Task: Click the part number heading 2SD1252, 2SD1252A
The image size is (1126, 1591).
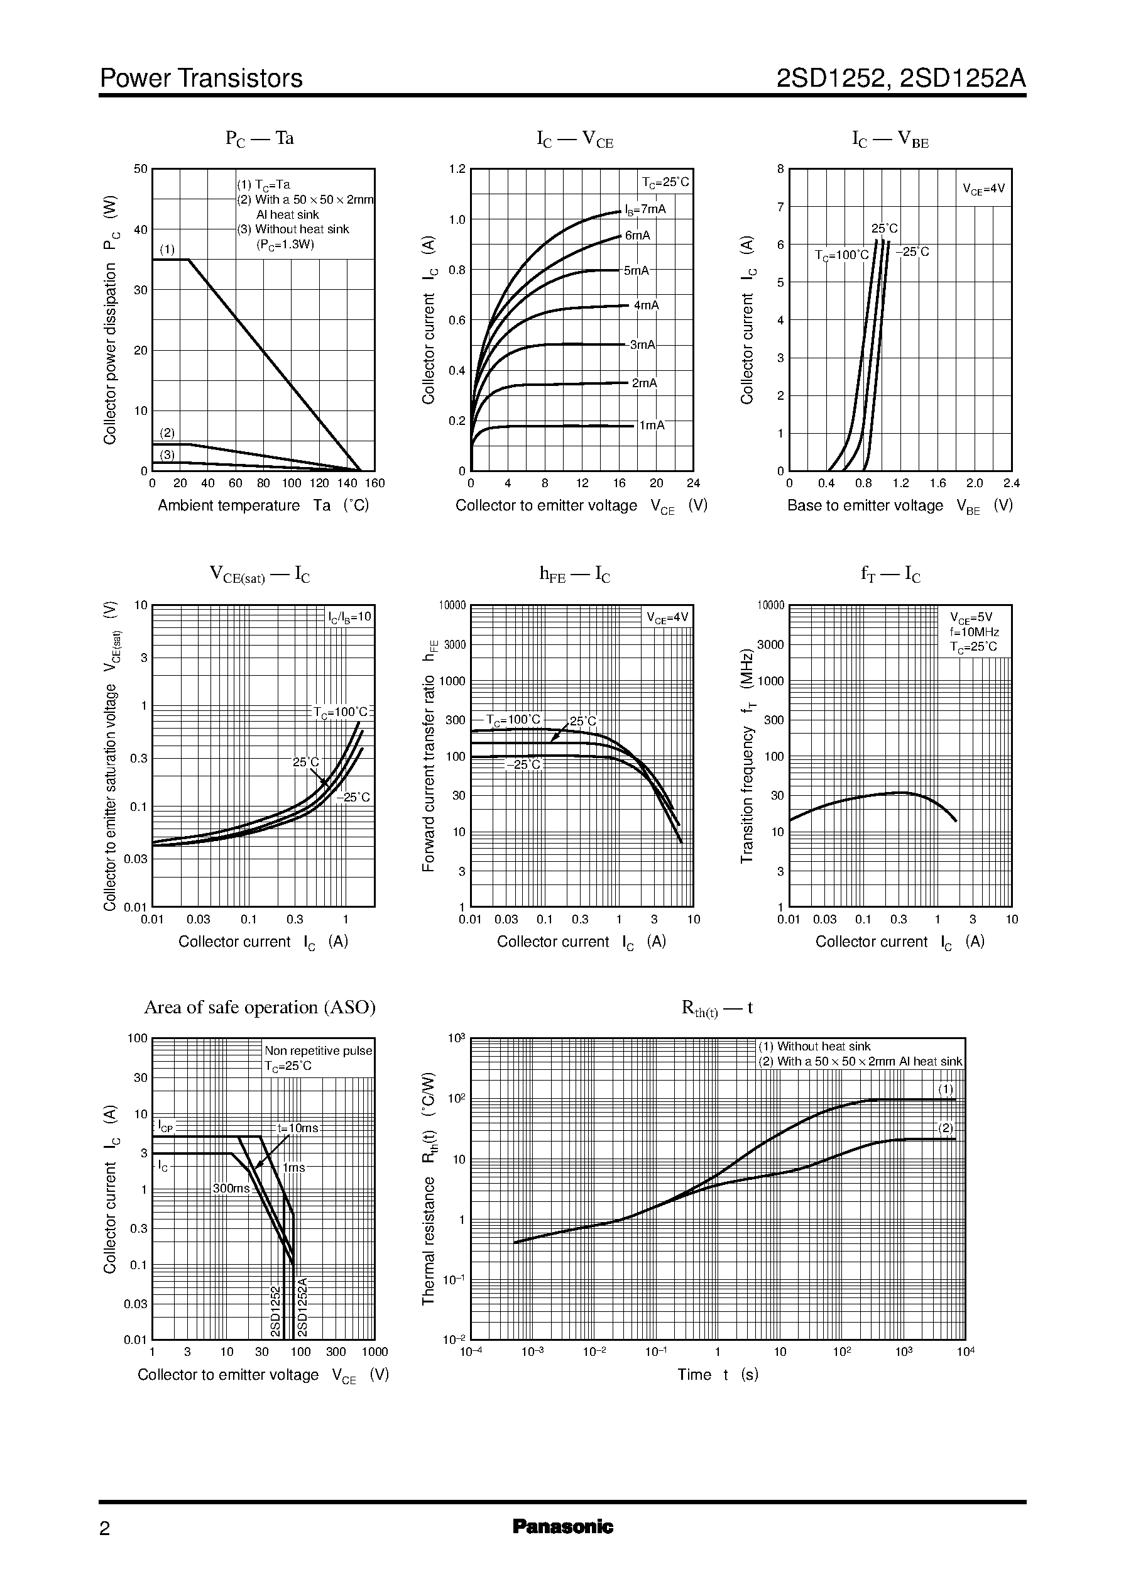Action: (x=900, y=79)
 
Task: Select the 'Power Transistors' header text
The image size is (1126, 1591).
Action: (x=201, y=79)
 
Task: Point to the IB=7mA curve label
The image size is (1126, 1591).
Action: (x=645, y=209)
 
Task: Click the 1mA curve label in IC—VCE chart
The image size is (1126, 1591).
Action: (x=652, y=425)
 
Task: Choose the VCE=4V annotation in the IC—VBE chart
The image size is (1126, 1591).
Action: (x=983, y=189)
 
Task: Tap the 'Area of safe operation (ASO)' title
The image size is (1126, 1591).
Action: (x=260, y=1007)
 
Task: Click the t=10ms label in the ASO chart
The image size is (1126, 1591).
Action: (x=297, y=1128)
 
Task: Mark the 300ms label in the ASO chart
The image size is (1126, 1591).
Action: (x=231, y=1188)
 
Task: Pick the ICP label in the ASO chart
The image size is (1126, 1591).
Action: (x=165, y=1125)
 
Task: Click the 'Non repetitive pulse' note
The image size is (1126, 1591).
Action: (x=318, y=1051)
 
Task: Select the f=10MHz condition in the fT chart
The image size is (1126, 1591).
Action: (x=974, y=632)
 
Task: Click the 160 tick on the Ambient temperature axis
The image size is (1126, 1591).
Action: (x=374, y=483)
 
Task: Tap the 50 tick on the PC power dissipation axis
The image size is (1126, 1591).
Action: (x=141, y=169)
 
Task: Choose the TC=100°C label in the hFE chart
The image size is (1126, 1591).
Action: (x=513, y=719)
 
